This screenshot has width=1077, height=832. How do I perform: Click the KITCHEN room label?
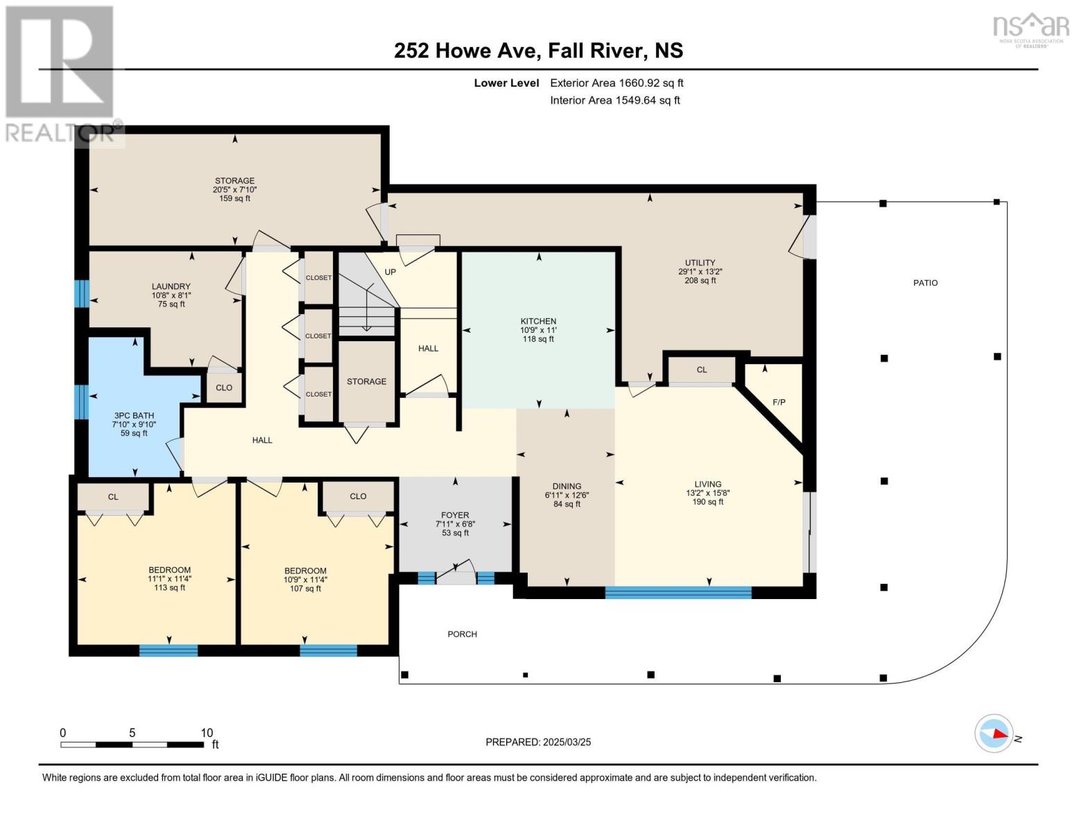[538, 321]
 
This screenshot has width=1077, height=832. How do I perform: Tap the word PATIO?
[925, 283]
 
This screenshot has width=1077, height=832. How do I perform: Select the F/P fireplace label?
[779, 402]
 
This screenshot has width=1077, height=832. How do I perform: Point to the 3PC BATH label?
[134, 416]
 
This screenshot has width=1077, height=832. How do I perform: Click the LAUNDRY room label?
[171, 286]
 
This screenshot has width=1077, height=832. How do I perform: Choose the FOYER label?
[455, 515]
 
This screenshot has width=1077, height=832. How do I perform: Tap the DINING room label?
[567, 486]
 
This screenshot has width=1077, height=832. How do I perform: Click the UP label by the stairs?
[390, 272]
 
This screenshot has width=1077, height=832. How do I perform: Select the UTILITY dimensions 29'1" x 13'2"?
[700, 272]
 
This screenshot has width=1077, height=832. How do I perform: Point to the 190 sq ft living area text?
[708, 502]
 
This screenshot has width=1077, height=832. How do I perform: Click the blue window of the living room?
[678, 592]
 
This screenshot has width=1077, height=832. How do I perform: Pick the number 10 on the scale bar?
[207, 732]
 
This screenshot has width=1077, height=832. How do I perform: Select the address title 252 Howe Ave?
[467, 51]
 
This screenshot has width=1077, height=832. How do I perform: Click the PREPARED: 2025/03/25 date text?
[538, 742]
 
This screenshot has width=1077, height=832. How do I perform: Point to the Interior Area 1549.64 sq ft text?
[615, 100]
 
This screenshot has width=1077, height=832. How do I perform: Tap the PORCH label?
[462, 634]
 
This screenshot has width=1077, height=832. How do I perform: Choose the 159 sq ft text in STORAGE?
[234, 198]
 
